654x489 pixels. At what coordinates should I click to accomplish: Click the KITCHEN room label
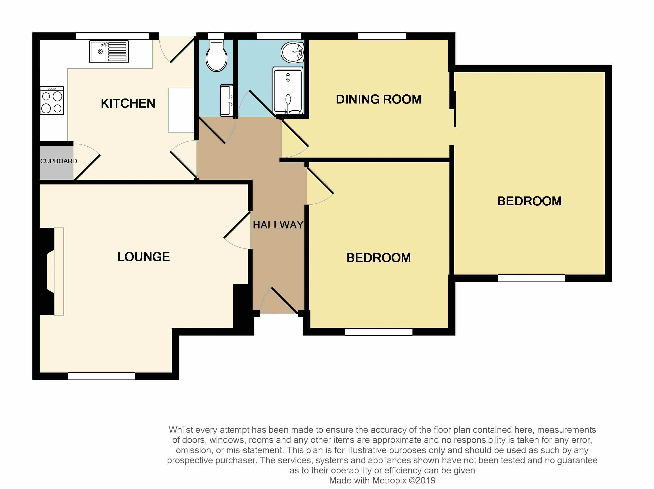pos(128,103)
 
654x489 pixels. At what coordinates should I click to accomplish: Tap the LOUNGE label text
pos(144,257)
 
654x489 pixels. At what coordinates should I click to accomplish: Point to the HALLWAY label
pos(278,225)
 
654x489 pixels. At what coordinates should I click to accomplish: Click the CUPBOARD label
pos(59,161)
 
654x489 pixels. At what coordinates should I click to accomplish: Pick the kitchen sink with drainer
pos(109,52)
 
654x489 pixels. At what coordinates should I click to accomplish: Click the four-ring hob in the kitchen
pos(52,101)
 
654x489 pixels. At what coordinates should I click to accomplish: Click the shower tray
pos(288,91)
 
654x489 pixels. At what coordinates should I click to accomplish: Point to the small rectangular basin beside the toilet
pos(227,100)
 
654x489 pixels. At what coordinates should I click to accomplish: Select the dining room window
pos(381,36)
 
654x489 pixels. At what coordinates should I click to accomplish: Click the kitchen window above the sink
pos(113,36)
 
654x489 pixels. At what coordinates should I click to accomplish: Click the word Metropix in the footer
pos(389,480)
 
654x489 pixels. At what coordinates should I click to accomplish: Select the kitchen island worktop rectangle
pos(181,110)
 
